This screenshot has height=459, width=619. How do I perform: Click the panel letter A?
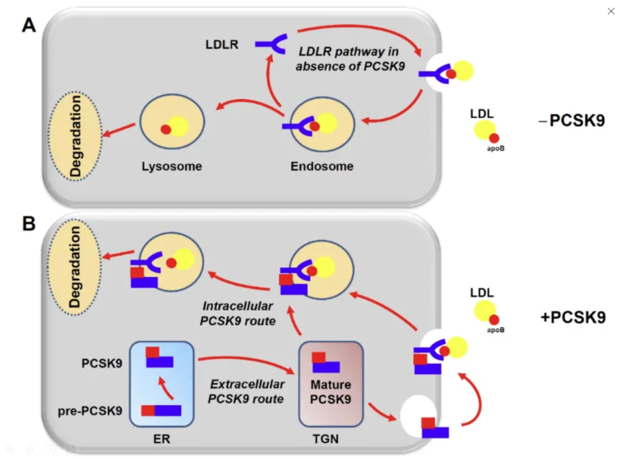tap(29, 25)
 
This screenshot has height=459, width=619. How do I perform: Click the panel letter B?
tap(29, 223)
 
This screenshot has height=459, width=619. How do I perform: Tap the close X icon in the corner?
tap(611, 11)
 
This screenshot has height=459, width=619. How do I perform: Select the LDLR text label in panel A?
tap(222, 45)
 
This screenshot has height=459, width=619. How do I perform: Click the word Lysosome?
tap(171, 166)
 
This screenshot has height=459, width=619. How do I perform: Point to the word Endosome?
tap(322, 166)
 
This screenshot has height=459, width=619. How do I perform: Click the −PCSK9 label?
tap(572, 120)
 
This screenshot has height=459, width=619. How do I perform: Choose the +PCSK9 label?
tap(573, 317)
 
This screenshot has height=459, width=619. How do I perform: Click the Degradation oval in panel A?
tap(75, 136)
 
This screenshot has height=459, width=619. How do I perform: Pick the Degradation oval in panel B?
tap(75, 267)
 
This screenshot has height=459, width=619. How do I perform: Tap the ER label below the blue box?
tap(161, 439)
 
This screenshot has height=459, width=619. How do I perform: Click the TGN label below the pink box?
tap(325, 439)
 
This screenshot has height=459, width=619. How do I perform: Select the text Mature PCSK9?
tap(330, 392)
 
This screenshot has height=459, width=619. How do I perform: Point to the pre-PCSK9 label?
tap(90, 412)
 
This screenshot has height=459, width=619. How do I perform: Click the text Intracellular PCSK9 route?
tap(238, 313)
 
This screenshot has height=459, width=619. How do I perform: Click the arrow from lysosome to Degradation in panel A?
tap(119, 129)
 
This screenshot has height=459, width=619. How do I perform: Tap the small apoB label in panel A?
tap(495, 148)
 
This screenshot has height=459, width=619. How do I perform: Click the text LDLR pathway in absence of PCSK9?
tap(349, 59)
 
